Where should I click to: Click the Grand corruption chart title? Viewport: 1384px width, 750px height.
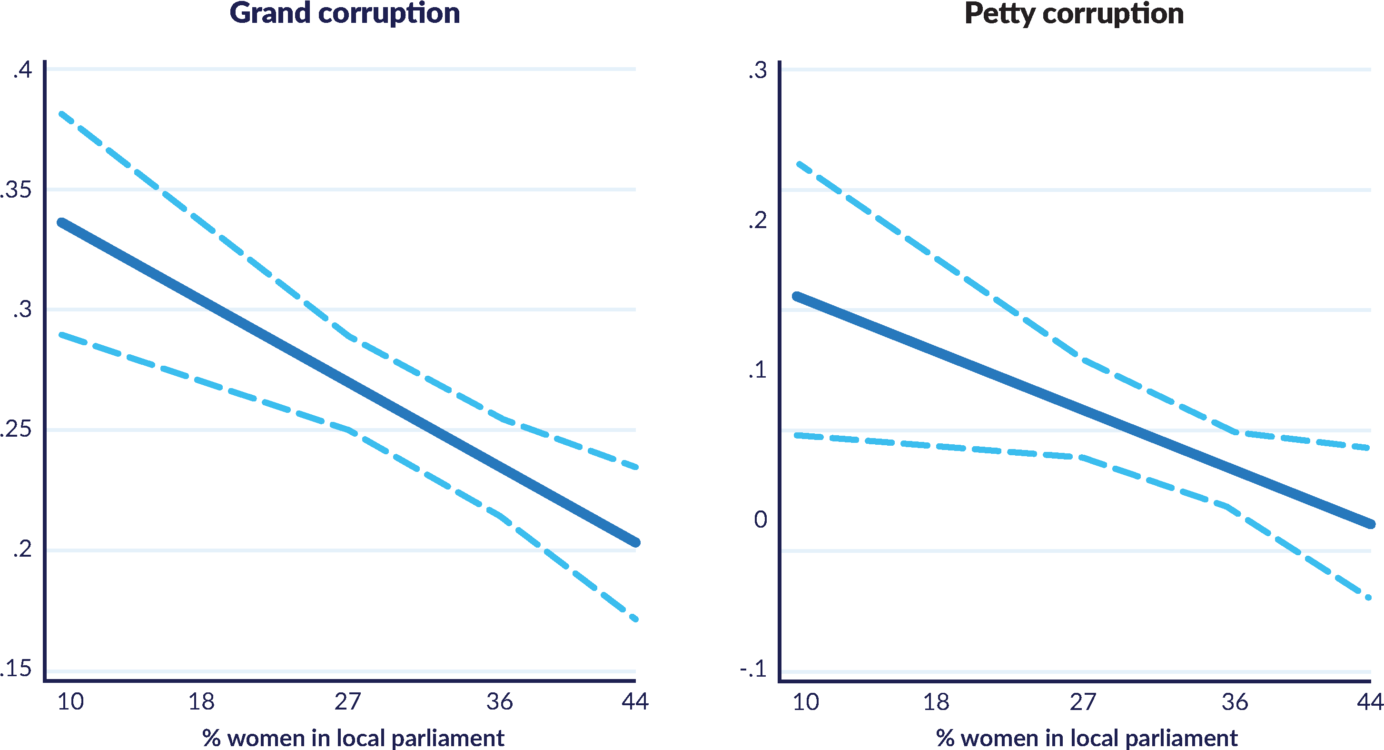(345, 13)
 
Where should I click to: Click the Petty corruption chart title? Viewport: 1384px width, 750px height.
(1074, 13)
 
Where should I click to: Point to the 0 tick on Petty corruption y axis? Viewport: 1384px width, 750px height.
(760, 520)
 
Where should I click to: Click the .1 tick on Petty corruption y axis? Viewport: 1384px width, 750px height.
(758, 370)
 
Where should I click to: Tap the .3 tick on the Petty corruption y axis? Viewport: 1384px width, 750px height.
(758, 71)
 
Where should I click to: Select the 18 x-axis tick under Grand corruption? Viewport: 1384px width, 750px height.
(201, 701)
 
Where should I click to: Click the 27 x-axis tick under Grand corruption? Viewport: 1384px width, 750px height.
(347, 701)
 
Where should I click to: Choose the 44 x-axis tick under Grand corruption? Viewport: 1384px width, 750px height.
(635, 701)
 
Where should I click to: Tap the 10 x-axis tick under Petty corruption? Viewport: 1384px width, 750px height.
(806, 701)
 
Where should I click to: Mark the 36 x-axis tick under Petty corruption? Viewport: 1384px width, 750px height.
(1235, 701)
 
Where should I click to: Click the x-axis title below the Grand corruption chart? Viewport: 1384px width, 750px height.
(353, 738)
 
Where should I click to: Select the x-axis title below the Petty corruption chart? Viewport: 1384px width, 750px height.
(1087, 738)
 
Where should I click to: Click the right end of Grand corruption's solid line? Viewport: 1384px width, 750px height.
(635, 542)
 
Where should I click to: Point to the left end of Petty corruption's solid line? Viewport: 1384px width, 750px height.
(797, 296)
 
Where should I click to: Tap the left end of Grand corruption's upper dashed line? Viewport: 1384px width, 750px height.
(61, 113)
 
